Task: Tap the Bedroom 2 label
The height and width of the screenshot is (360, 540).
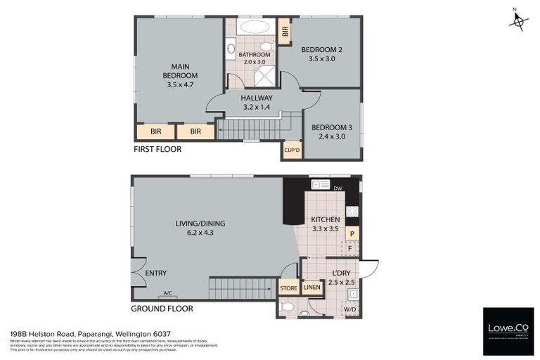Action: [x=321, y=54]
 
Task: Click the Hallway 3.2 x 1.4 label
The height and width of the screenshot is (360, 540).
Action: [x=256, y=103]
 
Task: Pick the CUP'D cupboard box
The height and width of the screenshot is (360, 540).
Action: [x=292, y=150]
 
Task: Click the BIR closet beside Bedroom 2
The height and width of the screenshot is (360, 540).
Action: [x=285, y=32]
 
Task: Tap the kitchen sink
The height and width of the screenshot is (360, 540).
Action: [x=321, y=185]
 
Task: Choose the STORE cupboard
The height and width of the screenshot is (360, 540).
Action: [x=289, y=288]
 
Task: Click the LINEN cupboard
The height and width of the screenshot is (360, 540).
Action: [x=311, y=288]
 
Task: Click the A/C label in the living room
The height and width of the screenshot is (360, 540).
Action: [x=167, y=293]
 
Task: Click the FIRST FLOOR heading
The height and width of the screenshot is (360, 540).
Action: [x=157, y=149]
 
